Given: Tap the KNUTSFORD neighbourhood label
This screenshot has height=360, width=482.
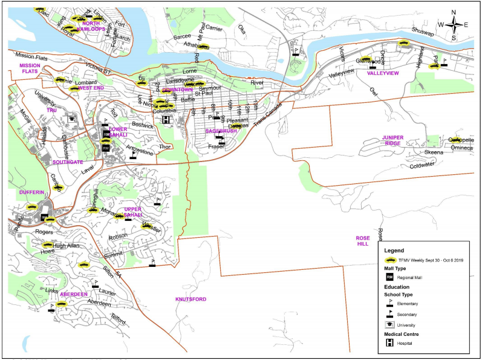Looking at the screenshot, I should pyautogui.click(x=191, y=299).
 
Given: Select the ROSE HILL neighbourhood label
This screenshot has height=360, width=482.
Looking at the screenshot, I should pyautogui.click(x=362, y=241).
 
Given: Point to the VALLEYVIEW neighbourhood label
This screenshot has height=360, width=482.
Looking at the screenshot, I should pyautogui.click(x=383, y=73).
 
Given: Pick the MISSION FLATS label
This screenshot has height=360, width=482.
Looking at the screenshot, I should pyautogui.click(x=28, y=68).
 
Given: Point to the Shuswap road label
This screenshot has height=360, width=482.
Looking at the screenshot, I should pyautogui.click(x=422, y=30).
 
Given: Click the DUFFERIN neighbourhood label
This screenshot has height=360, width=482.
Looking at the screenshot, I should pyautogui.click(x=31, y=192).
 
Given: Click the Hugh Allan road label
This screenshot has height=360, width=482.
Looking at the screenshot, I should pyautogui.click(x=66, y=246).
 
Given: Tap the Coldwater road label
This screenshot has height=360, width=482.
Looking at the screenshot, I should pyautogui.click(x=422, y=165).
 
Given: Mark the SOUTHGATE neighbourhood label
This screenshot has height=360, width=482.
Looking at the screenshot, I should pyautogui.click(x=67, y=162).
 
